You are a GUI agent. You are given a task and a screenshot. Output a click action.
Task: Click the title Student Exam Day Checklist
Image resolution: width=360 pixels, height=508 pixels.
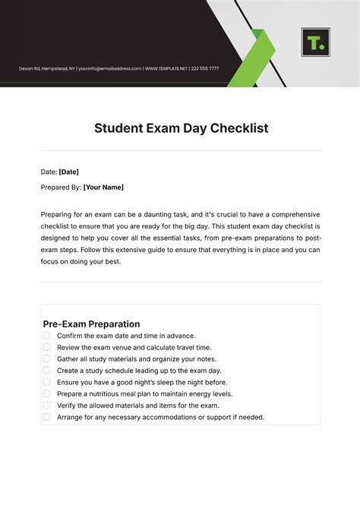(181, 128)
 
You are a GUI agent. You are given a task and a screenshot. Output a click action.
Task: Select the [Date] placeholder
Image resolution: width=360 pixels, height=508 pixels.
(68, 172)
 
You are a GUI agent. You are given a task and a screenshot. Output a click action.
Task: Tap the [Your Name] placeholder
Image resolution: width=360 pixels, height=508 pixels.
(103, 187)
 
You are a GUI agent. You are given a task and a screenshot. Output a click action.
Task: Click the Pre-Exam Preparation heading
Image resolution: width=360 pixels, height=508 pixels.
(91, 323)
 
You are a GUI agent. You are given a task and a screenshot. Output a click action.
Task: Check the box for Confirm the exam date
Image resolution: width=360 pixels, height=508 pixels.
(46, 336)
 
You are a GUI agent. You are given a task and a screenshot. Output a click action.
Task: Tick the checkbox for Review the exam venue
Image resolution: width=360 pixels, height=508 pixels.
(46, 347)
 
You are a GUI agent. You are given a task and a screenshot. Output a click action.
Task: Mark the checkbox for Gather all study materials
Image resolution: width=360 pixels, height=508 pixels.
(46, 358)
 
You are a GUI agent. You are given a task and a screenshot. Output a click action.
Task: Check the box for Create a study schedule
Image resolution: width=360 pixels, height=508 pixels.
(46, 371)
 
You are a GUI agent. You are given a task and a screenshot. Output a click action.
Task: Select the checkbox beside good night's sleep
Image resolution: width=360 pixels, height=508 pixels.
(46, 382)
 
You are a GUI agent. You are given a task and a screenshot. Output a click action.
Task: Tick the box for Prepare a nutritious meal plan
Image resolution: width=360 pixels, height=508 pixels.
(46, 394)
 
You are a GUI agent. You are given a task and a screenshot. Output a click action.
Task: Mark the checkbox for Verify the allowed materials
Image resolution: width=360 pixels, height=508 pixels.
(46, 405)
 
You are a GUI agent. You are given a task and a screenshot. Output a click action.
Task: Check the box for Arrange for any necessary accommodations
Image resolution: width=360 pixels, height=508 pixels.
(46, 417)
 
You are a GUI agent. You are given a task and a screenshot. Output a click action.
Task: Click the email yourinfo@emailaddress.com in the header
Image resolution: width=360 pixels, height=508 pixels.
(110, 68)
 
